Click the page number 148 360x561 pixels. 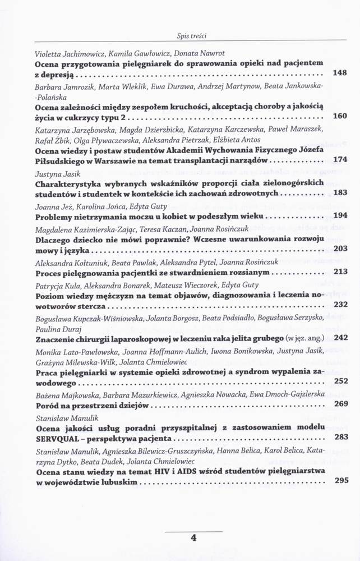(340, 73)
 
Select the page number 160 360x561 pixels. (340, 116)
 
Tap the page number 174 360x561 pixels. (340, 160)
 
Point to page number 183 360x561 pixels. (340, 192)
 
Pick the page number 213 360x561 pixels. (340, 272)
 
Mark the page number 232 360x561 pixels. (340, 305)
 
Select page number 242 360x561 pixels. (340, 338)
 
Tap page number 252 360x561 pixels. (340, 381)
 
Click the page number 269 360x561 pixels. (340, 404)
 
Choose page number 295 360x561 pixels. (340, 480)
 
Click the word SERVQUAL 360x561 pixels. (59, 437)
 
